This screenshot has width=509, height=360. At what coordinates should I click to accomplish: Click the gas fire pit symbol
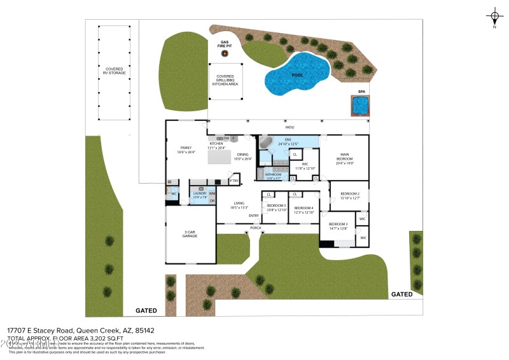pyautogui.click(x=225, y=53)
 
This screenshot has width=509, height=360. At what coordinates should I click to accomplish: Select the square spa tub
pyautogui.click(x=359, y=106)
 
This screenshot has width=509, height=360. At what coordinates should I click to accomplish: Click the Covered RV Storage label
pyautogui.click(x=115, y=71)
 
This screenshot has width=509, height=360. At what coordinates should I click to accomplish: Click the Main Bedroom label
pyautogui.click(x=344, y=156)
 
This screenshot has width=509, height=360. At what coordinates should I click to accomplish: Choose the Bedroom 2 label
pyautogui.click(x=350, y=195)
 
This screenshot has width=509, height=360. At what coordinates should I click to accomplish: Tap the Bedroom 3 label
pyautogui.click(x=338, y=226)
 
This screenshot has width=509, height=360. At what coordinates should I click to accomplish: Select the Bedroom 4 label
pyautogui.click(x=303, y=209)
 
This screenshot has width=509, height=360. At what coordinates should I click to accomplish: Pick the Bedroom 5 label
pyautogui.click(x=276, y=207)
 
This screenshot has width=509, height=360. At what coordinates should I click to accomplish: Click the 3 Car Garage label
pyautogui.click(x=190, y=234)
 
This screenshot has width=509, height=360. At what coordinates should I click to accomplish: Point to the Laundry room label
pyautogui.click(x=200, y=195)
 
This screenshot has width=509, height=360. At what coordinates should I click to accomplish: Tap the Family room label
pyautogui.click(x=186, y=150)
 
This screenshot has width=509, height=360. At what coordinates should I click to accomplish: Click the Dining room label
pyautogui.click(x=242, y=156)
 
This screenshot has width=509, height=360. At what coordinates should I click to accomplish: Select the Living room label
pyautogui.click(x=239, y=205)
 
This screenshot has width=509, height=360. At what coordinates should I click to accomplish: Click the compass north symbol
pyautogui.click(x=494, y=16)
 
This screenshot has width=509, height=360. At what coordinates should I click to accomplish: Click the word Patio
pyautogui.click(x=289, y=128)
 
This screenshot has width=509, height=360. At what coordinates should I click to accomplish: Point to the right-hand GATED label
pyautogui.click(x=401, y=294)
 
